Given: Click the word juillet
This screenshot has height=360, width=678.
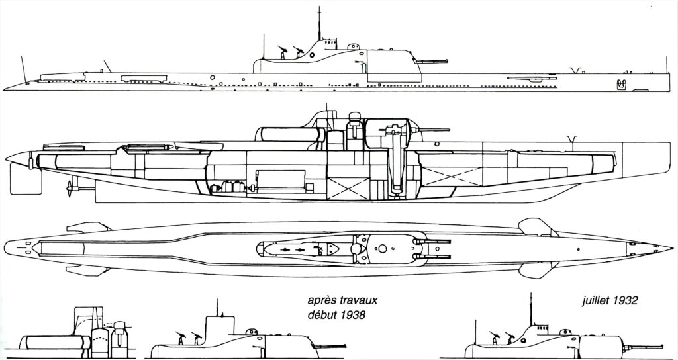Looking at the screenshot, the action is [595, 301].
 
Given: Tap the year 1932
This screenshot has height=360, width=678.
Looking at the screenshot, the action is [625, 301].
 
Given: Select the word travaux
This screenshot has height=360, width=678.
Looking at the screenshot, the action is [357, 300].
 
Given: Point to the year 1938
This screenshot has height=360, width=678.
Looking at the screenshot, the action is [352, 314].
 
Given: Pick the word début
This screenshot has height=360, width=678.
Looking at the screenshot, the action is [322, 314].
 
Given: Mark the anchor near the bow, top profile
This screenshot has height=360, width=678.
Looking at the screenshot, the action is [621, 84].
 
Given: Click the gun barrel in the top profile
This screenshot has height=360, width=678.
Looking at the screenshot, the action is [430, 62].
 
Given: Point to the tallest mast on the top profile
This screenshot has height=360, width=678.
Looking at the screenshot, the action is [320, 23].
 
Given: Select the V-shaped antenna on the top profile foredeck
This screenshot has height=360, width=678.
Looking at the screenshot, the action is [575, 70].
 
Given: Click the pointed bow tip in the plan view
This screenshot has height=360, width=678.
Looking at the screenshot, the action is [671, 249].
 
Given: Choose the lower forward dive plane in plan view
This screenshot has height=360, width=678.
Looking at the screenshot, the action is [538, 270].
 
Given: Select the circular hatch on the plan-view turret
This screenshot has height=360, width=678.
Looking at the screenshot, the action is [382, 249].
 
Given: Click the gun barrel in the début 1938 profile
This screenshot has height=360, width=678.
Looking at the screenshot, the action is [330, 346].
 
